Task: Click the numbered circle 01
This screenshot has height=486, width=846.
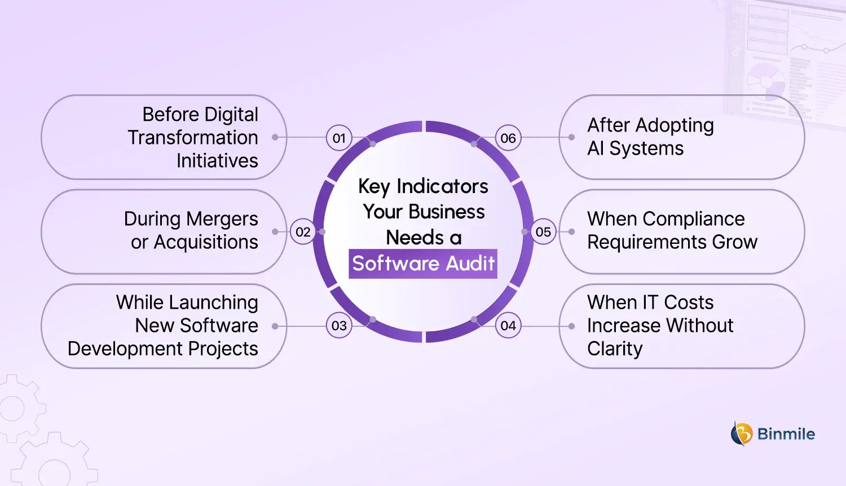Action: pos(339,138)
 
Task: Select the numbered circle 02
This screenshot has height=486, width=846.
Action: pos(303,232)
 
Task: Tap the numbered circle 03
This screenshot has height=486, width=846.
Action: pos(339,326)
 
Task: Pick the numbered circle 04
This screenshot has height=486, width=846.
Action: pos(508,326)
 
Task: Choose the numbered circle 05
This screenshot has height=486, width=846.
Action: pos(544,232)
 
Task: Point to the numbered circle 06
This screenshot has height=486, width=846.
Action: pos(508,138)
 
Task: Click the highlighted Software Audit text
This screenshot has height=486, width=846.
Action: pos(423,264)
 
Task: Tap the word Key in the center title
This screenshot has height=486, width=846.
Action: pos(373,187)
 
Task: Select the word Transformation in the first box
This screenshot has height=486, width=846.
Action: pos(193,138)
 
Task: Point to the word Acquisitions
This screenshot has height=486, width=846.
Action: pos(206,242)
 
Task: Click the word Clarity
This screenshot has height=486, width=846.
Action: pos(615,349)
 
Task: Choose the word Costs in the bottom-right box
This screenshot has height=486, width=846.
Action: pos(689,303)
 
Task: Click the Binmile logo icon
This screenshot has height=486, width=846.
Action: pos(742,434)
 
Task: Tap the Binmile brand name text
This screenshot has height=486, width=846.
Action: pos(786,434)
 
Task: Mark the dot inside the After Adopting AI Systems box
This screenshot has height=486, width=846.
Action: pos(571,137)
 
